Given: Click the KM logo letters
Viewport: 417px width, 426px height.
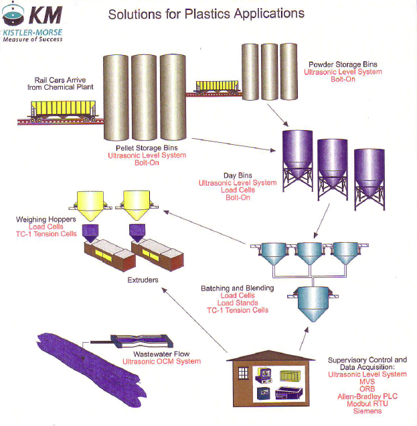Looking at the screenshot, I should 47,14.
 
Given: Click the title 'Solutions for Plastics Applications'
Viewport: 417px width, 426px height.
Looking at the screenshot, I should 206,13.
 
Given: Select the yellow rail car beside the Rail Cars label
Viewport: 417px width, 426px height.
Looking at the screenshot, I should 63,109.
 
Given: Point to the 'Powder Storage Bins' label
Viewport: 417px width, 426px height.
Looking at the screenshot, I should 343,64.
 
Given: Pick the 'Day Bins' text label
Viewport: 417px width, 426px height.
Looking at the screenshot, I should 237,174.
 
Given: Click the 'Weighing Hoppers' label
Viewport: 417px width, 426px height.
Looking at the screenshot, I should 46,219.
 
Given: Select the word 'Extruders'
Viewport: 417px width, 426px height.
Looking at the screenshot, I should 143,279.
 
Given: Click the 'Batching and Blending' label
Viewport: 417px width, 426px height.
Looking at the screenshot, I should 237,288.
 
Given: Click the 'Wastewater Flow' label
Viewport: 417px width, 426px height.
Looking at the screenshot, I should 163,354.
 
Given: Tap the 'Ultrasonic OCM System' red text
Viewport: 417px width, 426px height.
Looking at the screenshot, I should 161,362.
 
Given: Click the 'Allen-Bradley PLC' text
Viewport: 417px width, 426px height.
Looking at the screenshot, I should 367,396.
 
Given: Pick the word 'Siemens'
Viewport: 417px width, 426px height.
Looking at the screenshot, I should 367,411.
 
